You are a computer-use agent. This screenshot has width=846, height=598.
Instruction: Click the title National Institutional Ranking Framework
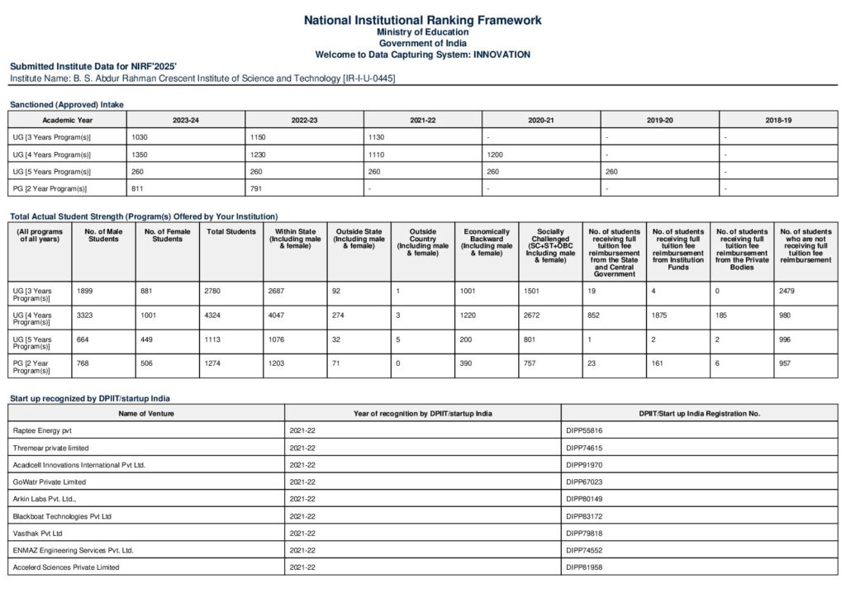[422, 20]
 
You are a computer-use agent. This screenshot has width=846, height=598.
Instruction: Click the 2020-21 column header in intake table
[541, 120]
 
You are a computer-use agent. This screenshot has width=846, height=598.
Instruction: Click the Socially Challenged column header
[552, 245]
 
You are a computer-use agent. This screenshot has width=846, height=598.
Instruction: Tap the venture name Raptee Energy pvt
[42, 430]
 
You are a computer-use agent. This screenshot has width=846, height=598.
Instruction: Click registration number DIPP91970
[584, 465]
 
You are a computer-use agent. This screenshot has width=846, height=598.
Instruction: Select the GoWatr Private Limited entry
[49, 482]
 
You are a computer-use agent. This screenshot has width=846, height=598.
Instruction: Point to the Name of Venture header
[145, 413]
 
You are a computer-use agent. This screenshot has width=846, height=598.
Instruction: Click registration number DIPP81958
[584, 567]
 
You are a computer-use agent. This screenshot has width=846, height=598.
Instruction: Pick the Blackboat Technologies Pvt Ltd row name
[62, 516]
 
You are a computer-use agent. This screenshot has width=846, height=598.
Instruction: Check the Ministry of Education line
[422, 31]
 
